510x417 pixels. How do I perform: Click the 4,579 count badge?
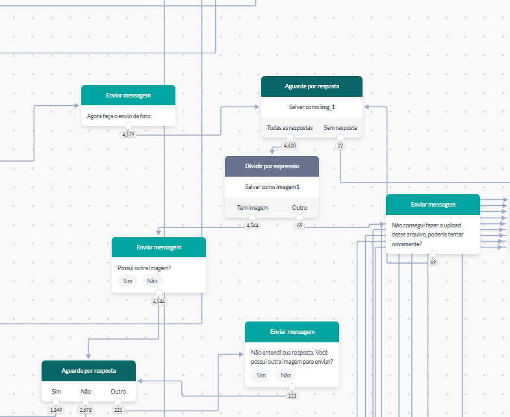(128, 134)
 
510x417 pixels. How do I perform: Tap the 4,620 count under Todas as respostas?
(290, 145)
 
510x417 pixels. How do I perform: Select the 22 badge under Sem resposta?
(340, 145)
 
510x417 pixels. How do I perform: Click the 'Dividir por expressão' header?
(272, 166)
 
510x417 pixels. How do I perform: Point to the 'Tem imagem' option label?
(253, 207)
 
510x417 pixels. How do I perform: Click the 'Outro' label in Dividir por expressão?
(300, 207)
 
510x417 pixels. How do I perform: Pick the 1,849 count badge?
(56, 410)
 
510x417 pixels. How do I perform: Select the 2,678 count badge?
(86, 410)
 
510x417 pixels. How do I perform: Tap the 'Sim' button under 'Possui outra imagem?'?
(127, 281)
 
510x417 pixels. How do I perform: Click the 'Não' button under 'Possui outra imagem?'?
(152, 281)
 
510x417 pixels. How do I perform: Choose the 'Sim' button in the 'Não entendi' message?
(261, 375)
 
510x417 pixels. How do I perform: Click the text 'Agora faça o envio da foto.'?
(119, 116)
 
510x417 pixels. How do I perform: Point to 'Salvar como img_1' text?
(312, 107)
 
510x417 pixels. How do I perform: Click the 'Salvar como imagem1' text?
(272, 186)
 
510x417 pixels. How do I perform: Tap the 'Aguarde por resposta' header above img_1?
(312, 86)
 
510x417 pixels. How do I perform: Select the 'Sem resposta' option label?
(340, 128)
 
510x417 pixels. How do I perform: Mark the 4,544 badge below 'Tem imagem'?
(252, 225)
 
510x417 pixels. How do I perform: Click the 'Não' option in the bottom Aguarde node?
(86, 391)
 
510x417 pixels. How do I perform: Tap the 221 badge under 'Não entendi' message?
(292, 396)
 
